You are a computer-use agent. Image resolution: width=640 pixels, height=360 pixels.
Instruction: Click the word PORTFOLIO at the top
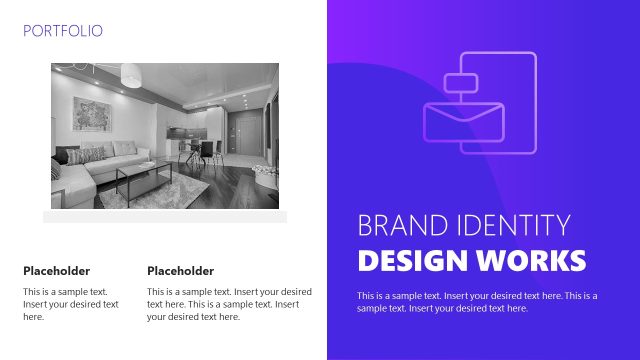pyautogui.click(x=62, y=31)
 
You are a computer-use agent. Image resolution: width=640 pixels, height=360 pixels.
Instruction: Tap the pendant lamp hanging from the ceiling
pyautogui.click(x=131, y=75)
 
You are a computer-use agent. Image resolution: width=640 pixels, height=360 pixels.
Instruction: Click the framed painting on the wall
pyautogui.click(x=95, y=116)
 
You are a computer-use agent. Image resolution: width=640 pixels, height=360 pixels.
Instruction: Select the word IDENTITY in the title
pyautogui.click(x=512, y=225)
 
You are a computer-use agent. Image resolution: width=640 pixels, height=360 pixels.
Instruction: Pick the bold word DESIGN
pyautogui.click(x=411, y=261)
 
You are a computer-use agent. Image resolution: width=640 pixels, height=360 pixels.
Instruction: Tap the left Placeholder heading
pyautogui.click(x=56, y=271)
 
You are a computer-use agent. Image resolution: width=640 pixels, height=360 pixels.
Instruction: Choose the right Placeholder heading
pyautogui.click(x=180, y=271)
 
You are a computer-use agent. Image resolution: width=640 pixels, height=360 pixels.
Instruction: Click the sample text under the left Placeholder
pyautogui.click(x=71, y=304)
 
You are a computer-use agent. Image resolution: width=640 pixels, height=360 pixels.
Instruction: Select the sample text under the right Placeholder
pyautogui.click(x=229, y=304)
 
